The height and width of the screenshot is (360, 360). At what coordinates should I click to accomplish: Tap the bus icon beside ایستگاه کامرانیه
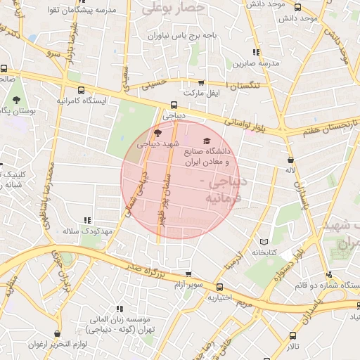click(82, 90)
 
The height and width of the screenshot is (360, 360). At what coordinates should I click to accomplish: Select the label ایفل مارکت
click(202, 93)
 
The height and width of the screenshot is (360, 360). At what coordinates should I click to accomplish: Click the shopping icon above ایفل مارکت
click(202, 83)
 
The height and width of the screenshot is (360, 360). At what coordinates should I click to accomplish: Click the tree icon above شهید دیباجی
click(157, 132)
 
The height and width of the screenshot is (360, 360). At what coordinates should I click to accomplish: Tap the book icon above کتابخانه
click(264, 241)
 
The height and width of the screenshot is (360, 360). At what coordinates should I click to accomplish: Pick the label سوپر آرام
click(189, 283)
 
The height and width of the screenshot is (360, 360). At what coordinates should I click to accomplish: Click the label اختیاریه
click(219, 297)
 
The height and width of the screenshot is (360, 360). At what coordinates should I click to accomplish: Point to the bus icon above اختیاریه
click(219, 287)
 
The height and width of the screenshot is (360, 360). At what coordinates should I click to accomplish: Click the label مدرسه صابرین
click(257, 63)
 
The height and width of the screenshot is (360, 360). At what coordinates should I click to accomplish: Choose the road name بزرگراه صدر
click(145, 268)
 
